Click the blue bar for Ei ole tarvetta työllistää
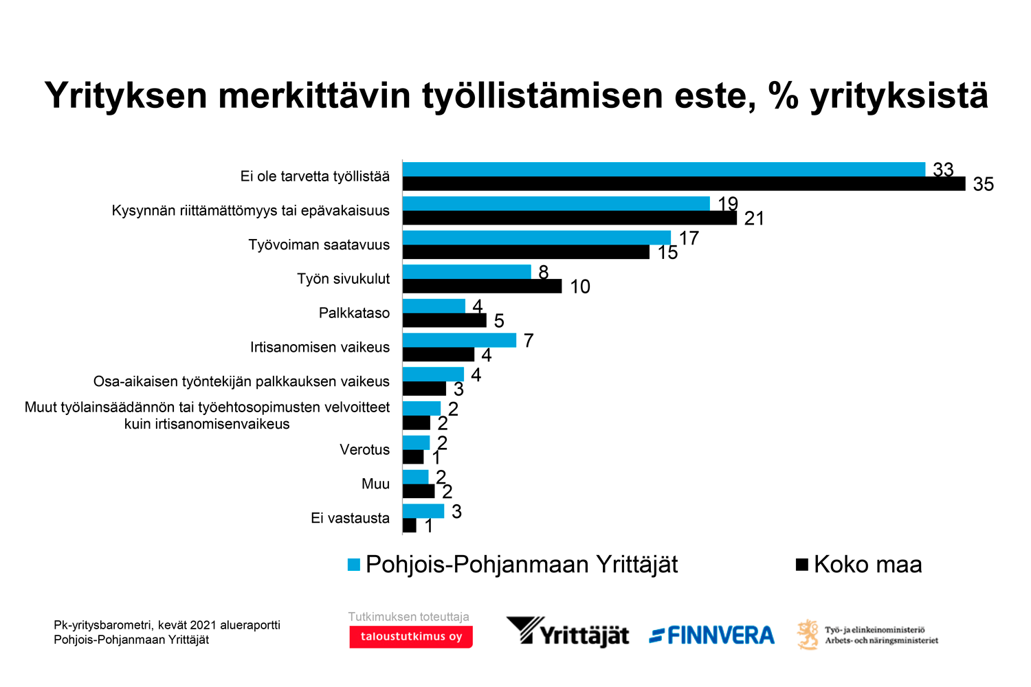pos(663,169)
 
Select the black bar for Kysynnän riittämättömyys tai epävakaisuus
pos(569,218)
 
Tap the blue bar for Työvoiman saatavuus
pos(536,238)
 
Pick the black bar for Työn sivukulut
pos(482,286)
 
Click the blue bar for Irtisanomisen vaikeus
pos(459,340)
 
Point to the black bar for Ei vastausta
pos(410,526)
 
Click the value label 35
pos(983,184)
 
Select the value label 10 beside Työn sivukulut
pos(579,286)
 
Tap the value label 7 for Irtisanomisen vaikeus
pos(528,341)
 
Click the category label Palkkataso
pos(354,313)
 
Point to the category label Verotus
pos(364,450)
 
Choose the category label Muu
pos(375,484)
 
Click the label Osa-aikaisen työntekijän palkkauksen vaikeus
pos(241,382)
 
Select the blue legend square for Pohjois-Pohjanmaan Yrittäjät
pos(354,565)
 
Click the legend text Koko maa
pos(867,565)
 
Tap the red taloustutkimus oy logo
pos(410,637)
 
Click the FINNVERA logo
pos(711,635)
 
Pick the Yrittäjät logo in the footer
pos(568,632)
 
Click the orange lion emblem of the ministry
pos(808,634)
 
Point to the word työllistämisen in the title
pos(543,95)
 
